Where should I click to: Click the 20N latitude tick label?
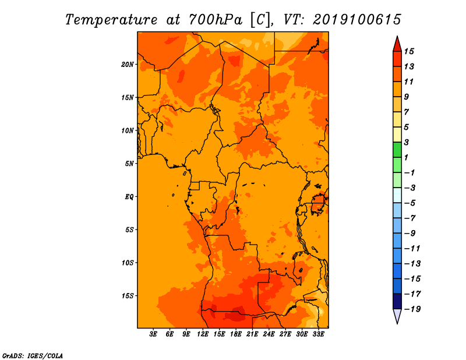point(128,65)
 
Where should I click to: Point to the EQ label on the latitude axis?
point(129,197)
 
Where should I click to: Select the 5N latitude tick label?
point(129,164)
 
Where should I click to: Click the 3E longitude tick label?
point(153,334)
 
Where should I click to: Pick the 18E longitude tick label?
point(236,334)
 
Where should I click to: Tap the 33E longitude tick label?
point(318,334)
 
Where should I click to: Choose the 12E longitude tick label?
point(203,334)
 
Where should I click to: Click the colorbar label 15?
point(409,52)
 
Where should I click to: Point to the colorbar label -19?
point(412,309)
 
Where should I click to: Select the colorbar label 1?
point(406,158)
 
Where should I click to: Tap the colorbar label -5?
point(410,203)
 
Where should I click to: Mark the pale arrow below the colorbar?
point(397,316)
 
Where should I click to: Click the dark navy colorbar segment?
point(397,301)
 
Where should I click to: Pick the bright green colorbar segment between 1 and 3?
point(397,150)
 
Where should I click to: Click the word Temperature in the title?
point(111,20)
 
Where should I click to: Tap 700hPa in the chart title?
point(216,20)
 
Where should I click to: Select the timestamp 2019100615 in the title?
point(357,20)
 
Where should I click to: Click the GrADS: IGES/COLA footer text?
point(33,356)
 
